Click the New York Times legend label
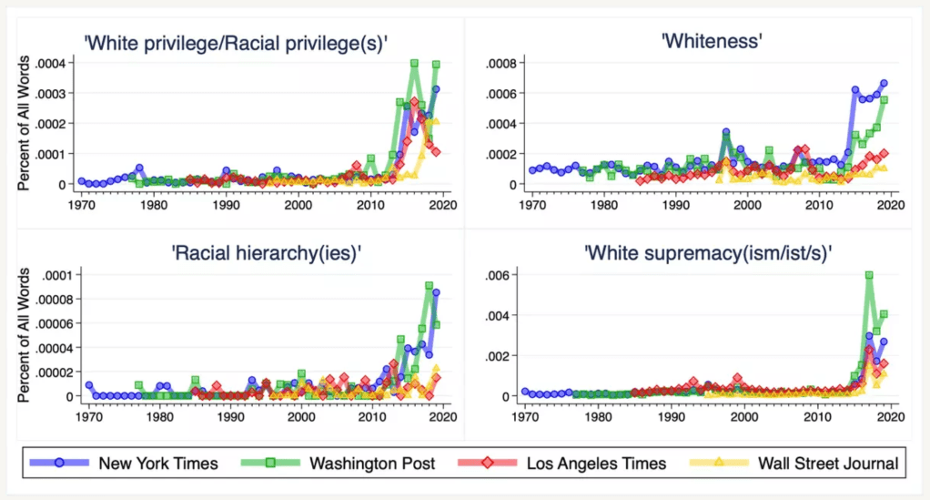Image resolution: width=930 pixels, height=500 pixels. [159, 463]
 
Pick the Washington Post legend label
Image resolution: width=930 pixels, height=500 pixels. [373, 463]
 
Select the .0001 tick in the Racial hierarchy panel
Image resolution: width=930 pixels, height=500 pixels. [56, 274]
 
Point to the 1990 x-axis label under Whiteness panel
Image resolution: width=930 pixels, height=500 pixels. [675, 205]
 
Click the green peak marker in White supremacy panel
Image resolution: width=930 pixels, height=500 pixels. [869, 274]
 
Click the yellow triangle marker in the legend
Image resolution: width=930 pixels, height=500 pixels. [720, 463]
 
